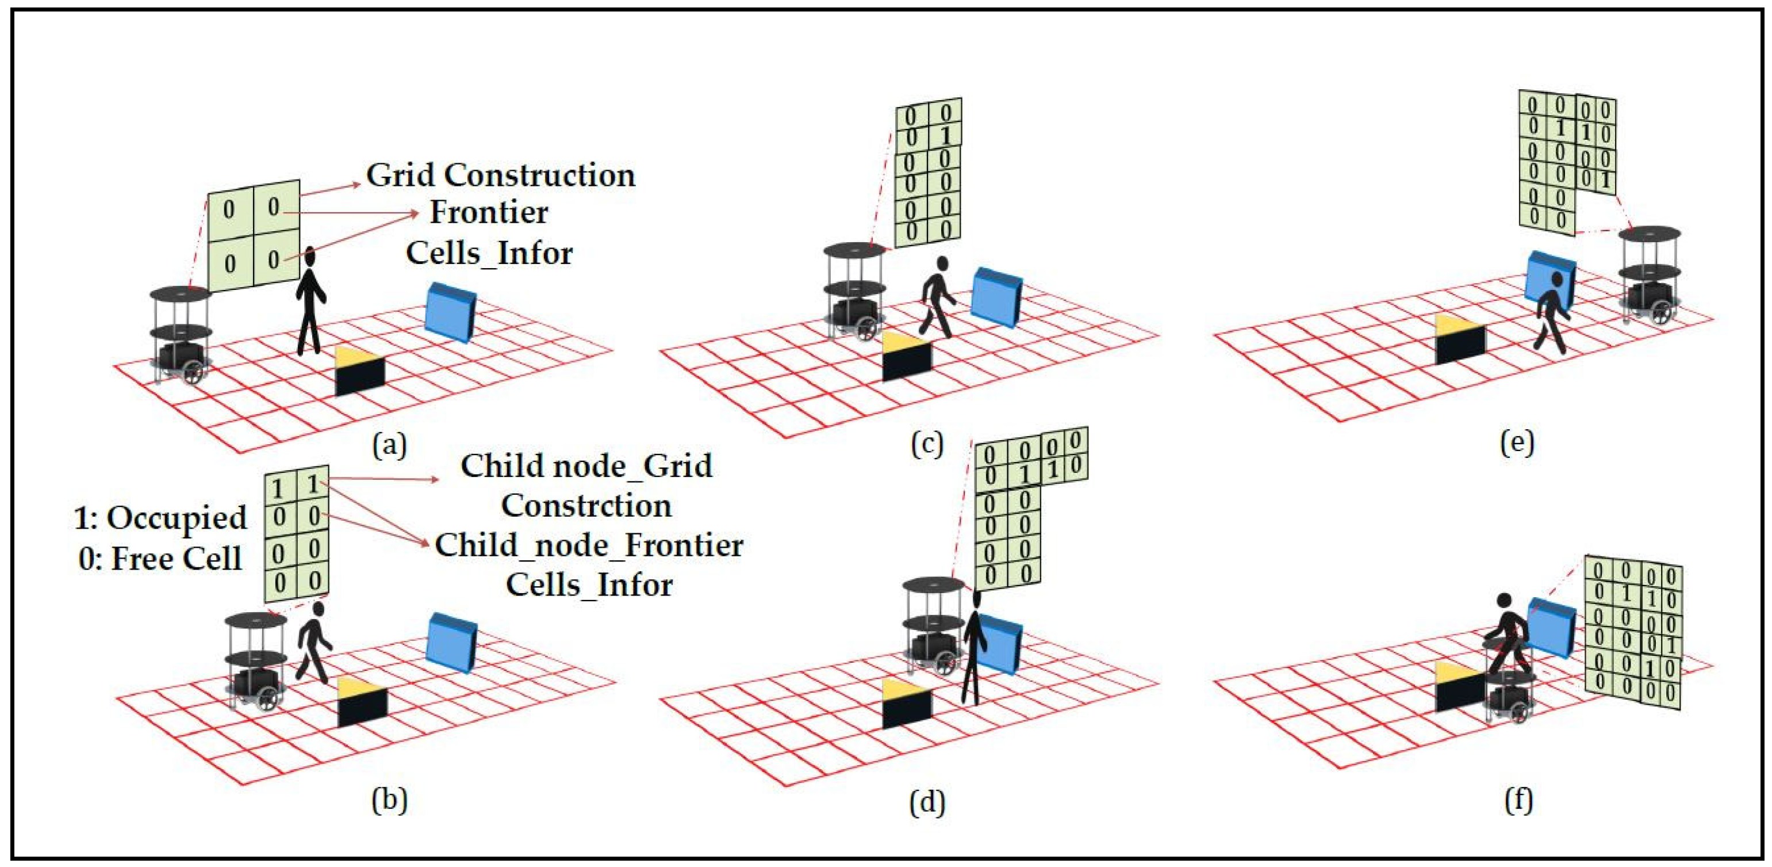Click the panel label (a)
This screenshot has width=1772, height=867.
pos(389,445)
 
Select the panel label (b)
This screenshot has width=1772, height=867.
pos(389,800)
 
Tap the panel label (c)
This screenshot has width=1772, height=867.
pos(927,445)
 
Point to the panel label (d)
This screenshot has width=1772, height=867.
pos(927,801)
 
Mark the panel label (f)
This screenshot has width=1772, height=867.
pos(1518,800)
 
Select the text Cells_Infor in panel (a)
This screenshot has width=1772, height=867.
pos(489,253)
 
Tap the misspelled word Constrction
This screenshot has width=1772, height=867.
pos(586,506)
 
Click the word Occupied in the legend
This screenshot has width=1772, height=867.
pos(177,517)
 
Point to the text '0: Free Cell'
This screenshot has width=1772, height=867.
pos(160,558)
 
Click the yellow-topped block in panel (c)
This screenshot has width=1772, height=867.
pos(906,355)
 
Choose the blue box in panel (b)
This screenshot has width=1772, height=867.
pos(451,642)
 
